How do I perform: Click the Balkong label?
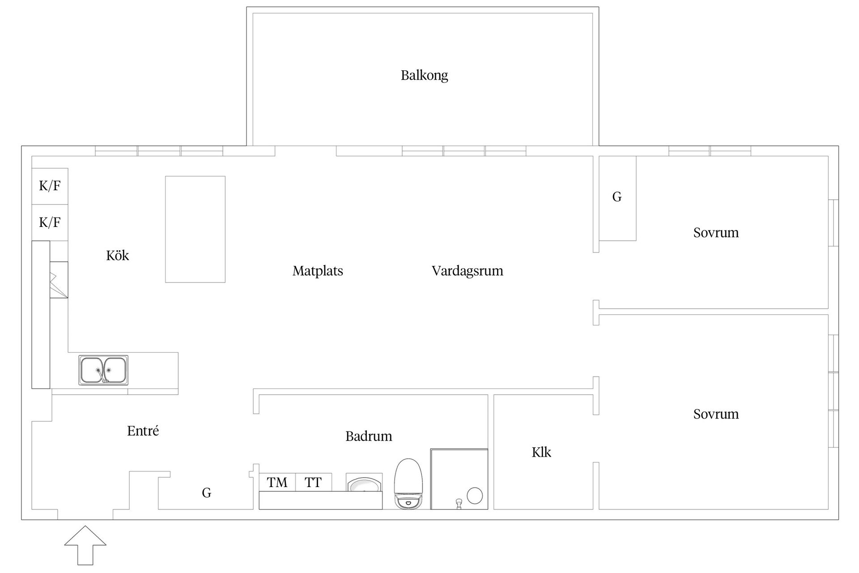(424, 75)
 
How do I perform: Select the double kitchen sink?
(103, 370)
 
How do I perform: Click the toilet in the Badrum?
(408, 483)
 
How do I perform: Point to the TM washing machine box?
(277, 482)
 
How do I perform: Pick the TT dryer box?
(313, 482)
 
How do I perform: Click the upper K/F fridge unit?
(50, 186)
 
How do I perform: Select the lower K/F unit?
(50, 222)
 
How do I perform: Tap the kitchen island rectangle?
(195, 229)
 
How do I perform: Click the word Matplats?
(318, 271)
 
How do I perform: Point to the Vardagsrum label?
(467, 271)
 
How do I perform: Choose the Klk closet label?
(541, 452)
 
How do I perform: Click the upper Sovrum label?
(716, 233)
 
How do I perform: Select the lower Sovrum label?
(716, 414)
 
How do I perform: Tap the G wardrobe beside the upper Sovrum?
(617, 197)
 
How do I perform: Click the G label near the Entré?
(206, 493)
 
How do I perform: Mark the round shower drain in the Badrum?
(475, 496)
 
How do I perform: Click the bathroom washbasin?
(364, 484)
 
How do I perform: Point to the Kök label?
(117, 256)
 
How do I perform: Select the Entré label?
(143, 431)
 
